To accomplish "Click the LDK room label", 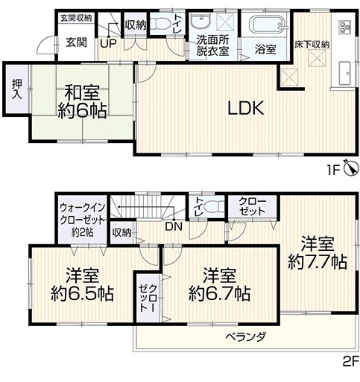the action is (x=246, y=109).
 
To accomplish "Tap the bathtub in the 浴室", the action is (x=268, y=25).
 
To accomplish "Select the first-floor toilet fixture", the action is (x=160, y=24).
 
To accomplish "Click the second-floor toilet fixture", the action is (x=214, y=206).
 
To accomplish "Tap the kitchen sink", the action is (x=345, y=73).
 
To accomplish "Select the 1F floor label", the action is (x=332, y=171).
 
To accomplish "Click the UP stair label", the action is (x=109, y=44).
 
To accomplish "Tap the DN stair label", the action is (x=174, y=227).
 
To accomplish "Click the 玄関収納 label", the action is (x=76, y=18).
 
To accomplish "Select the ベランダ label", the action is (x=246, y=337).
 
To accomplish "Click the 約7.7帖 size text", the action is (x=318, y=262).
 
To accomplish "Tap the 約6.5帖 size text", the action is (x=82, y=294).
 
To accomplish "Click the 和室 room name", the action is (x=82, y=93).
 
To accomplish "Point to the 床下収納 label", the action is (x=312, y=45).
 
